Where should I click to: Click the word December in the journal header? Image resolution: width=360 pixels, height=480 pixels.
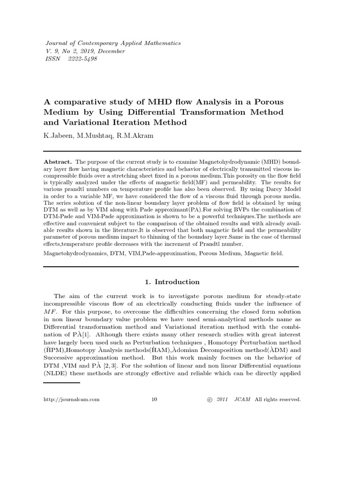pyautogui.click(x=110, y=51)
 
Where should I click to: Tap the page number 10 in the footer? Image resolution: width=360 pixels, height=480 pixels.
pyautogui.click(x=155, y=399)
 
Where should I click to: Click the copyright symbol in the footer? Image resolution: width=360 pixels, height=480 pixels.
pyautogui.click(x=209, y=399)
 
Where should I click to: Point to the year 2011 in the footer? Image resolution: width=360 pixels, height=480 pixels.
pyautogui.click(x=222, y=399)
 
